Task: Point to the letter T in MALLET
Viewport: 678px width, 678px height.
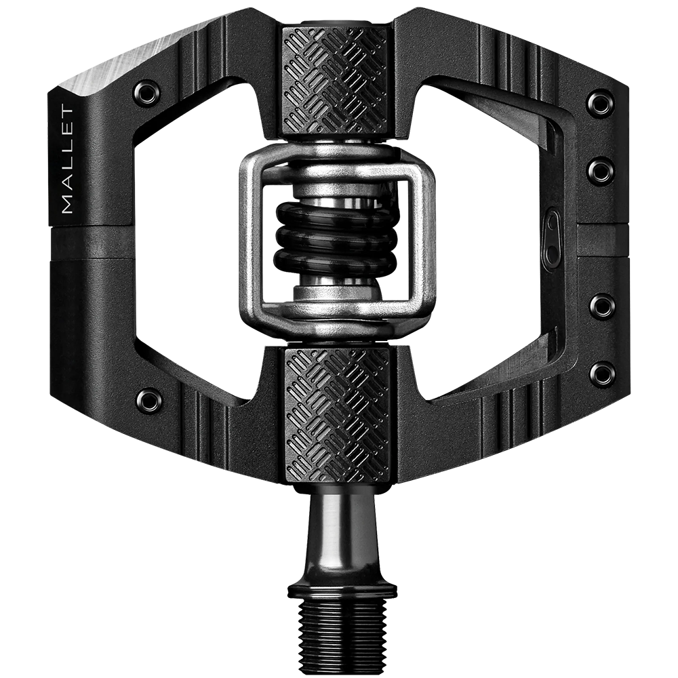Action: pyautogui.click(x=67, y=111)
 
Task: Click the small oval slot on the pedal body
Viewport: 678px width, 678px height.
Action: pyautogui.click(x=553, y=237)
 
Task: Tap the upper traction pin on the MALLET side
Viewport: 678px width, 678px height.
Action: pyautogui.click(x=147, y=92)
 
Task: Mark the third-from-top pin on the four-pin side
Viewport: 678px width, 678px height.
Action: pyautogui.click(x=601, y=305)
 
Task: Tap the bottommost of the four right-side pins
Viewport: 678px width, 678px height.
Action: pyautogui.click(x=601, y=373)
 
